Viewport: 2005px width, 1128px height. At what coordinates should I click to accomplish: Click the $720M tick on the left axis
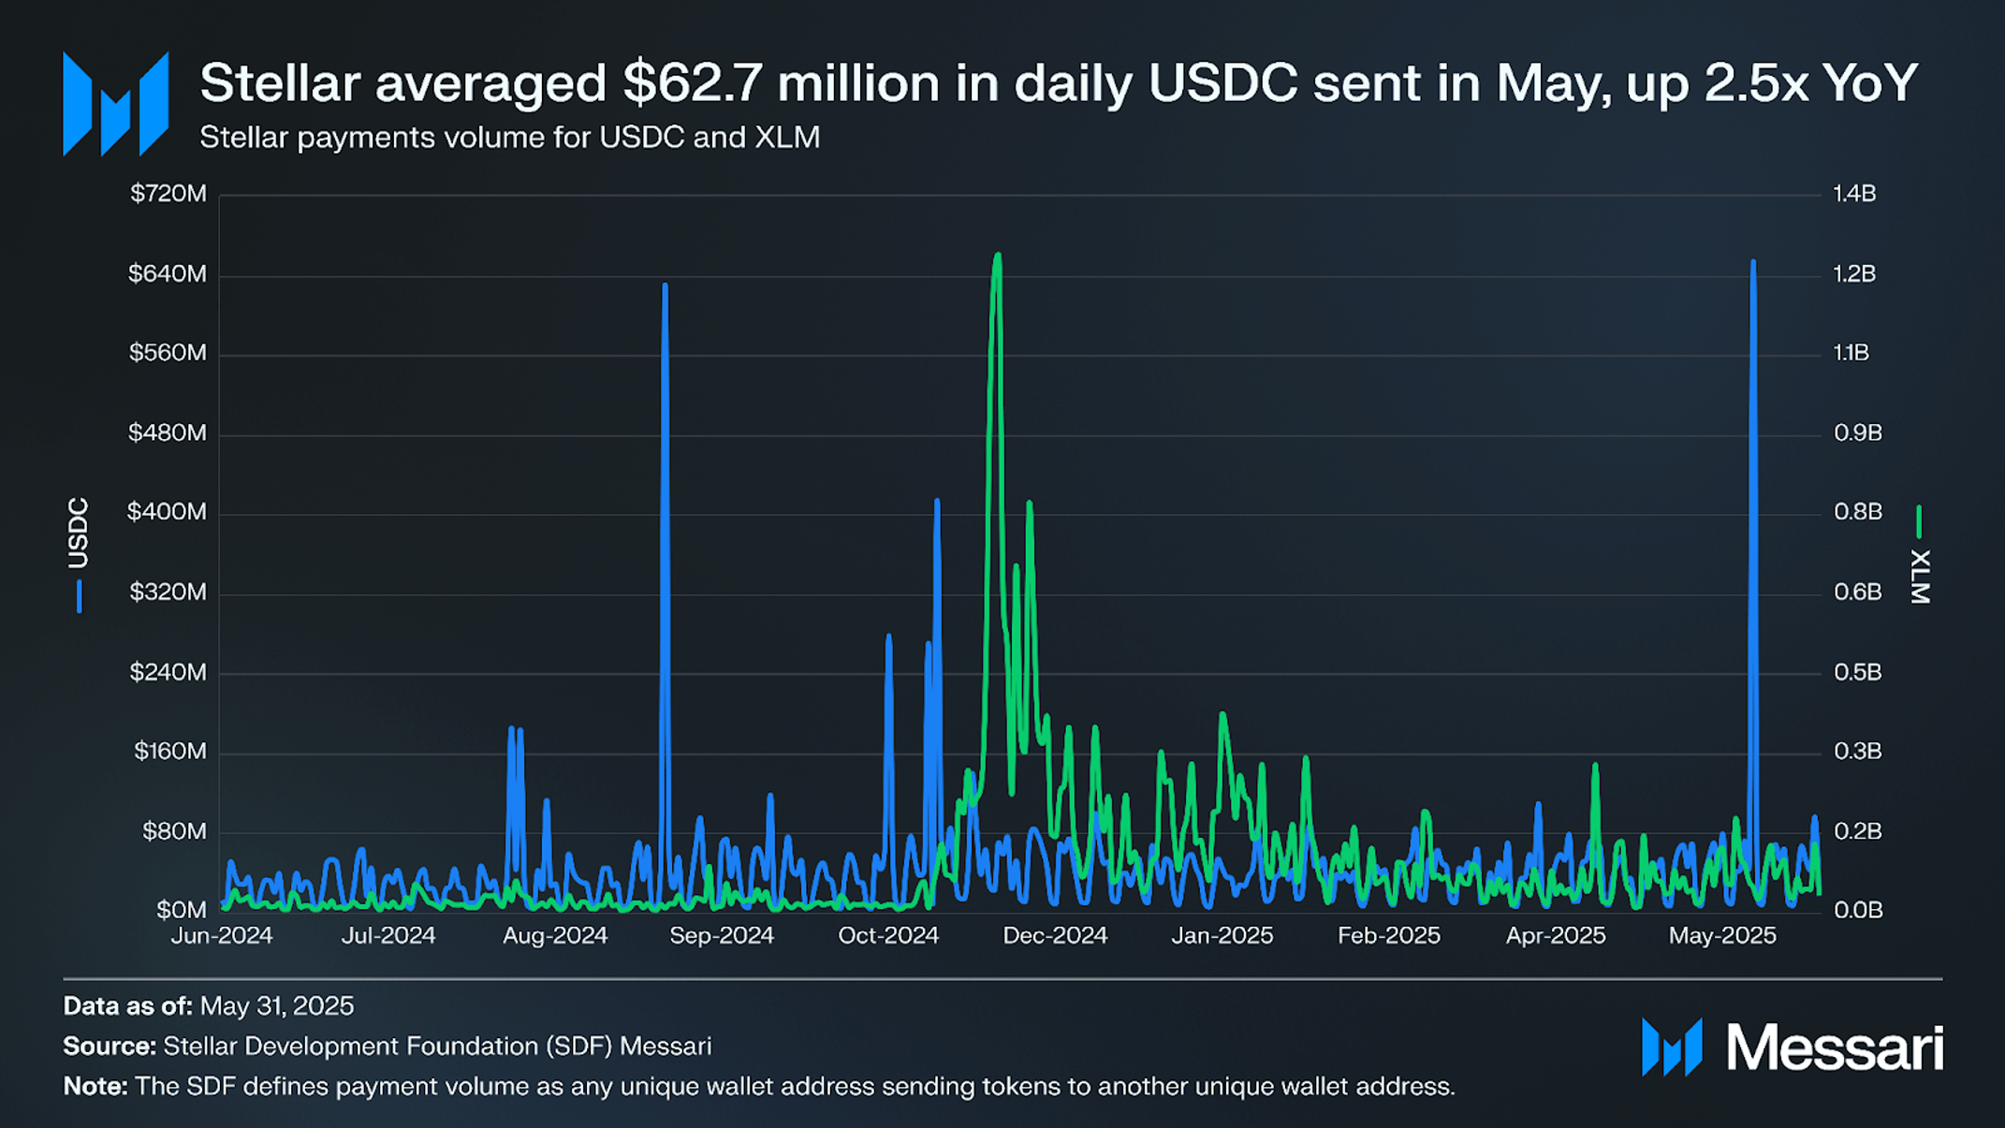click(168, 194)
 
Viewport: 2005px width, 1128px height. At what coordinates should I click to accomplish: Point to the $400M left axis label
click(167, 512)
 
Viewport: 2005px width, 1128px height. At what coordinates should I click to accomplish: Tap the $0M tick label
click(181, 910)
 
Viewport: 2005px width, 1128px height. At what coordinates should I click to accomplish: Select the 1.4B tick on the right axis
click(1854, 194)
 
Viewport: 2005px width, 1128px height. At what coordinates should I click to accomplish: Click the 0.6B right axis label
click(1857, 592)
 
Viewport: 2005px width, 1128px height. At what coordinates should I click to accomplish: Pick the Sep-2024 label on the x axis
click(721, 935)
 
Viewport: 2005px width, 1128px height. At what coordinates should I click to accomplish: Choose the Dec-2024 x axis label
click(1055, 935)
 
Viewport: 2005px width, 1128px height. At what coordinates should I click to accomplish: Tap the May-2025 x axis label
click(1721, 935)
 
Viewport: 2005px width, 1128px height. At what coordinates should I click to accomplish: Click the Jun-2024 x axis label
click(222, 935)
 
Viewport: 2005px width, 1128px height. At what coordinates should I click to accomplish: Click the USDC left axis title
click(78, 534)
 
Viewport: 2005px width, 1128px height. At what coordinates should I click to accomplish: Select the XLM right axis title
click(1920, 576)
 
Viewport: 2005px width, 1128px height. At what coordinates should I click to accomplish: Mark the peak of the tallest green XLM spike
click(998, 255)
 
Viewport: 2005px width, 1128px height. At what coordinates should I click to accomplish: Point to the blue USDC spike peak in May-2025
click(1753, 263)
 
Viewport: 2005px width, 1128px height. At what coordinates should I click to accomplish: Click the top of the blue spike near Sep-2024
click(665, 285)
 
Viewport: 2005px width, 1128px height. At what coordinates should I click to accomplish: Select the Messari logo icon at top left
click(116, 104)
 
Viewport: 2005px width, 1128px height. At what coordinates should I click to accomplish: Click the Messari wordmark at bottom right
click(1835, 1047)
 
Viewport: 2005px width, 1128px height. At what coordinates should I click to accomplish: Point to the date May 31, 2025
click(277, 1006)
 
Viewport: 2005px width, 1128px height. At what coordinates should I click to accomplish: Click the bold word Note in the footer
click(95, 1087)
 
